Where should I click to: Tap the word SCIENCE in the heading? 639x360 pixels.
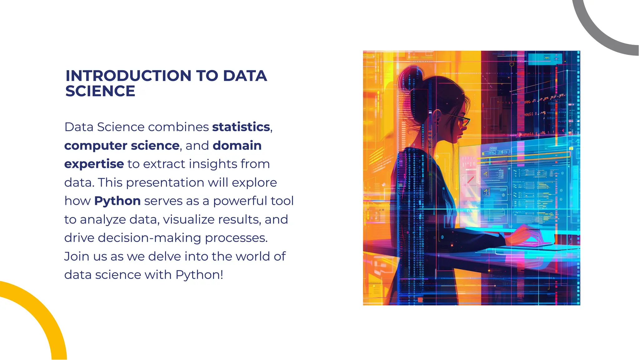[100, 91]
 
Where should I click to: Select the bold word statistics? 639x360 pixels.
[241, 127]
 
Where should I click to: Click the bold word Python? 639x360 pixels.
[117, 201]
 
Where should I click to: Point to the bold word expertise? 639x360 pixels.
[94, 164]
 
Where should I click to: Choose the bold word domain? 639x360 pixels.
[237, 145]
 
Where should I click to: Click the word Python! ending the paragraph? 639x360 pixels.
[199, 275]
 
